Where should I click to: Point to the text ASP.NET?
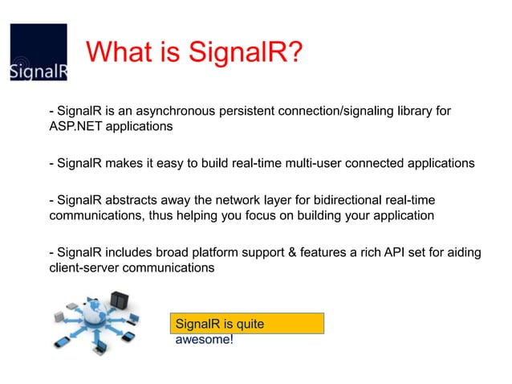tap(77, 127)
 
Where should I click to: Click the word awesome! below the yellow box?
tap(205, 339)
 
